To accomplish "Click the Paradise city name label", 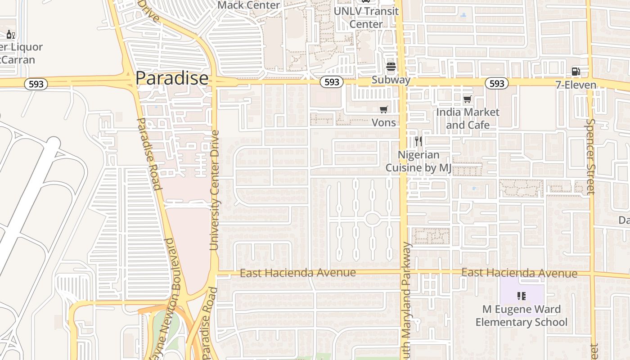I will pos(172,78).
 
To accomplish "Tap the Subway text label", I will pos(391,80).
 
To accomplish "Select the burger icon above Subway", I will pos(391,67).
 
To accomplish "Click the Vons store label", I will pos(384,122).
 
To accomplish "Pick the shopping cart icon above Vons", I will pos(384,109).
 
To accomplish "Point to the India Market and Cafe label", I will pos(468,118).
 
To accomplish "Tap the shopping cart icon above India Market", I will pos(468,99).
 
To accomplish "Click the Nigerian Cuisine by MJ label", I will pos(418,161).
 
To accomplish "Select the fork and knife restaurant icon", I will pos(418,141).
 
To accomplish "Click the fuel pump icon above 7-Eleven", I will pos(576,71).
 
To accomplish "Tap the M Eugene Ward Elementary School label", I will pos(522,315).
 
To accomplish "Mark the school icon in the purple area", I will pos(522,296).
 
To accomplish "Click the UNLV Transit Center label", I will pos(366,17).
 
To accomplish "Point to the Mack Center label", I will pos(248,5).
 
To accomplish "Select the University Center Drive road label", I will pos(214,190).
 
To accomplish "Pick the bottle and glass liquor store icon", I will pos(11,34).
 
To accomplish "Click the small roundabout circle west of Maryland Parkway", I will pos(372,219).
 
